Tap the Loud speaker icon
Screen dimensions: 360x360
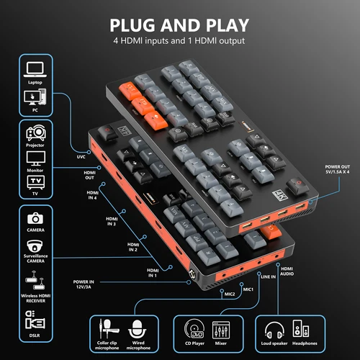(275, 330)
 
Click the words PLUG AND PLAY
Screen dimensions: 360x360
(179, 23)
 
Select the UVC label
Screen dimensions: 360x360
(81, 156)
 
